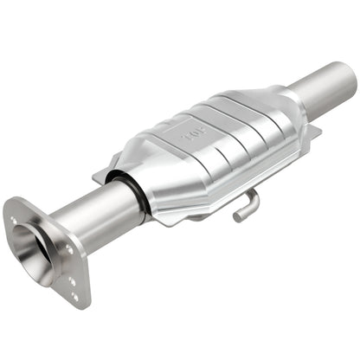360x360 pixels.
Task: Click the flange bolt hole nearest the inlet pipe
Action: (x=69, y=250)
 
